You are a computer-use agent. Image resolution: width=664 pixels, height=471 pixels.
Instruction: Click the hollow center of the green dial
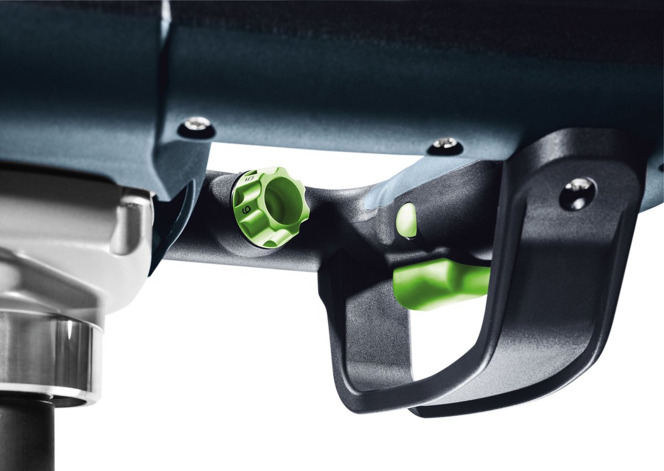pyautogui.click(x=284, y=202)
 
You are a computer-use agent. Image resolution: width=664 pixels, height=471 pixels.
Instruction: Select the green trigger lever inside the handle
pyautogui.click(x=440, y=282)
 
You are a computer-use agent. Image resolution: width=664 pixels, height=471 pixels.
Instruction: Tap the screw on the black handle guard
pyautogui.click(x=577, y=192)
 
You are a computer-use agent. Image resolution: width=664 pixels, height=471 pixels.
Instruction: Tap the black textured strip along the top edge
pyautogui.click(x=387, y=17)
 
